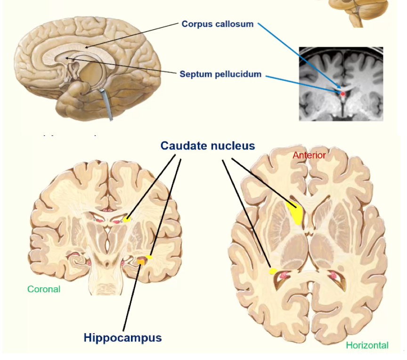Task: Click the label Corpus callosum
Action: point(218,24)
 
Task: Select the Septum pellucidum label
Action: point(220,74)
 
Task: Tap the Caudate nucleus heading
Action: point(208,146)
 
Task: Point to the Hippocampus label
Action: point(122,337)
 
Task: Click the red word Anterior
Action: point(309,155)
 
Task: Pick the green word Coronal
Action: point(44,289)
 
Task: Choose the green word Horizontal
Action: point(367,345)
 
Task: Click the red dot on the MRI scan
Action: point(342,94)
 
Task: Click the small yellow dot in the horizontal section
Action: point(272,271)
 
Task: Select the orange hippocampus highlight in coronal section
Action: point(141,261)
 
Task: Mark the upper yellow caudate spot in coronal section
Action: point(126,219)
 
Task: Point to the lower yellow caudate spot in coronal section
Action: point(149,257)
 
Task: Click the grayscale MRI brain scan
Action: point(341,84)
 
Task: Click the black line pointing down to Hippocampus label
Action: point(131,297)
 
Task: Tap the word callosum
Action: point(236,24)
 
